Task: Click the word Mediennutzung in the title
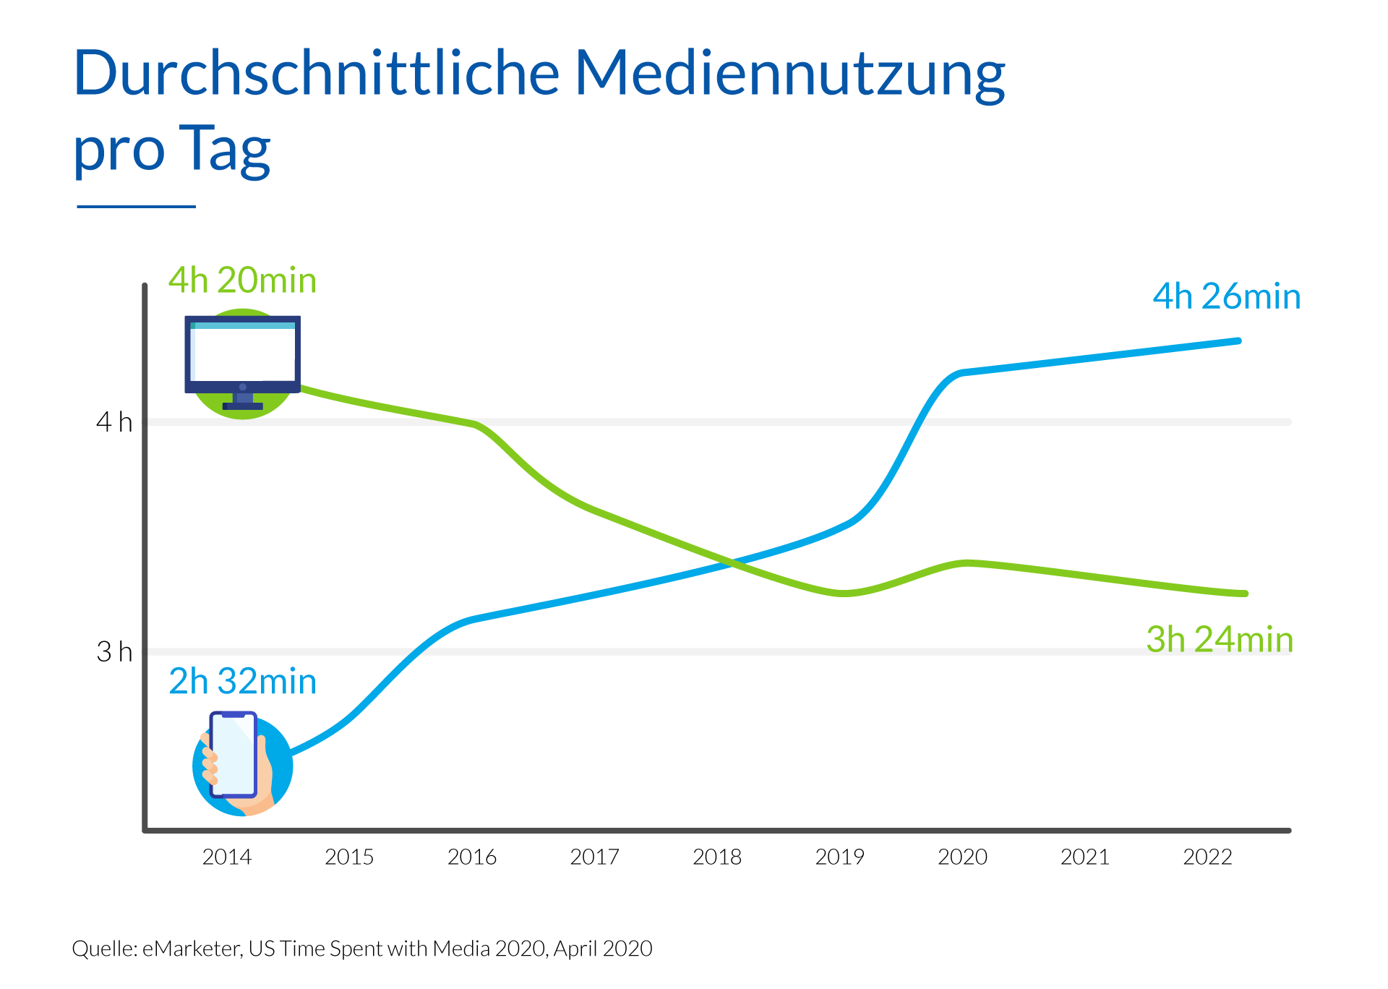coord(789,75)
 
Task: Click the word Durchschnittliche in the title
coord(317,74)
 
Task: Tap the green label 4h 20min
coord(242,281)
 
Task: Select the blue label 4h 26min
coord(1226,296)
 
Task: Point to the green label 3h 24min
coord(1219,640)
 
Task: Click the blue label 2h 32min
coord(242,682)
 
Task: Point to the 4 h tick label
coord(114,422)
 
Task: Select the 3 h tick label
coord(114,652)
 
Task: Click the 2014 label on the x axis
coord(226,857)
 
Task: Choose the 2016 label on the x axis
coord(471,857)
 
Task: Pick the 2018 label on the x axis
coord(716,857)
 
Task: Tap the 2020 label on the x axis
coord(962,857)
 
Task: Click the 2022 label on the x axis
coord(1207,857)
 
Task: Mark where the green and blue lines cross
coord(732,563)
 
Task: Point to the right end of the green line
coord(1244,594)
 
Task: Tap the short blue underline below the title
coord(136,207)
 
